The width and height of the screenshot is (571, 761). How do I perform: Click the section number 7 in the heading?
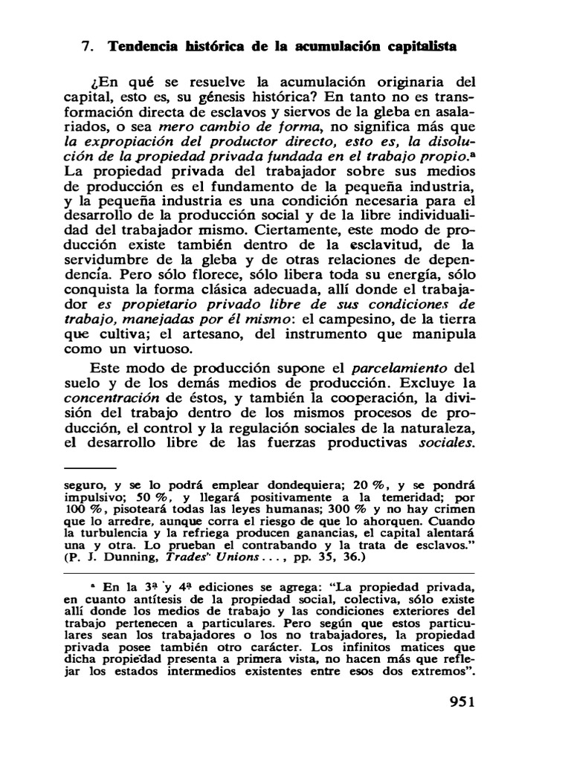pyautogui.click(x=86, y=46)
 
